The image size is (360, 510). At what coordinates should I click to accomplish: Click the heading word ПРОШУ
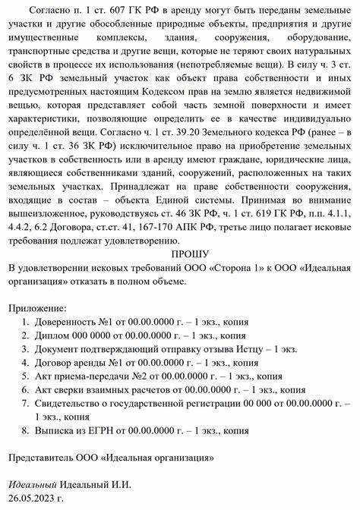[x=180, y=253]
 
